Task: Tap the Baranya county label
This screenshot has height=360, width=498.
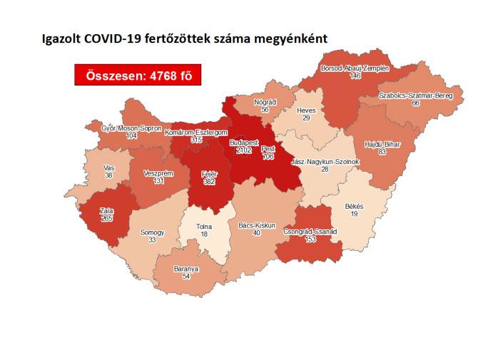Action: click(187, 269)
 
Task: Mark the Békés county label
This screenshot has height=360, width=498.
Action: click(354, 206)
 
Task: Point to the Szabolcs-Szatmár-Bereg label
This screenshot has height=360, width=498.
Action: click(415, 95)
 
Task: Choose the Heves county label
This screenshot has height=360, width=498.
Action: click(306, 110)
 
